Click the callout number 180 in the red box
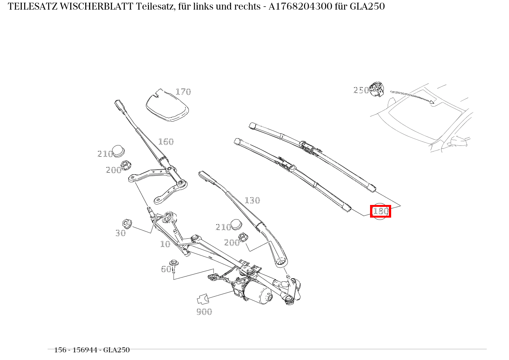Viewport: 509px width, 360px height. pyautogui.click(x=380, y=211)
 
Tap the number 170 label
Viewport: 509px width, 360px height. pyautogui.click(x=183, y=92)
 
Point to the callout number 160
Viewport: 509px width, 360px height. pyautogui.click(x=166, y=142)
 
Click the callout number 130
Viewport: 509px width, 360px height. pyautogui.click(x=252, y=200)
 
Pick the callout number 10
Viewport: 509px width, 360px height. pyautogui.click(x=165, y=244)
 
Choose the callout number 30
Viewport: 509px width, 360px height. pyautogui.click(x=121, y=233)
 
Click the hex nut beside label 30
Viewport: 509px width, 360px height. pyautogui.click(x=127, y=223)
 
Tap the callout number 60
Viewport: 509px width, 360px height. pyautogui.click(x=165, y=269)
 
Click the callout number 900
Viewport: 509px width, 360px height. pyautogui.click(x=204, y=312)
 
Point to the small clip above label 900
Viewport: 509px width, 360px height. pyautogui.click(x=202, y=299)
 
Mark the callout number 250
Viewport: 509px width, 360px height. pyautogui.click(x=360, y=90)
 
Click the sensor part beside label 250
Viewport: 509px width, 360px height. pyautogui.click(x=377, y=89)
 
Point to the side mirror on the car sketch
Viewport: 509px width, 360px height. pyautogui.click(x=459, y=141)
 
